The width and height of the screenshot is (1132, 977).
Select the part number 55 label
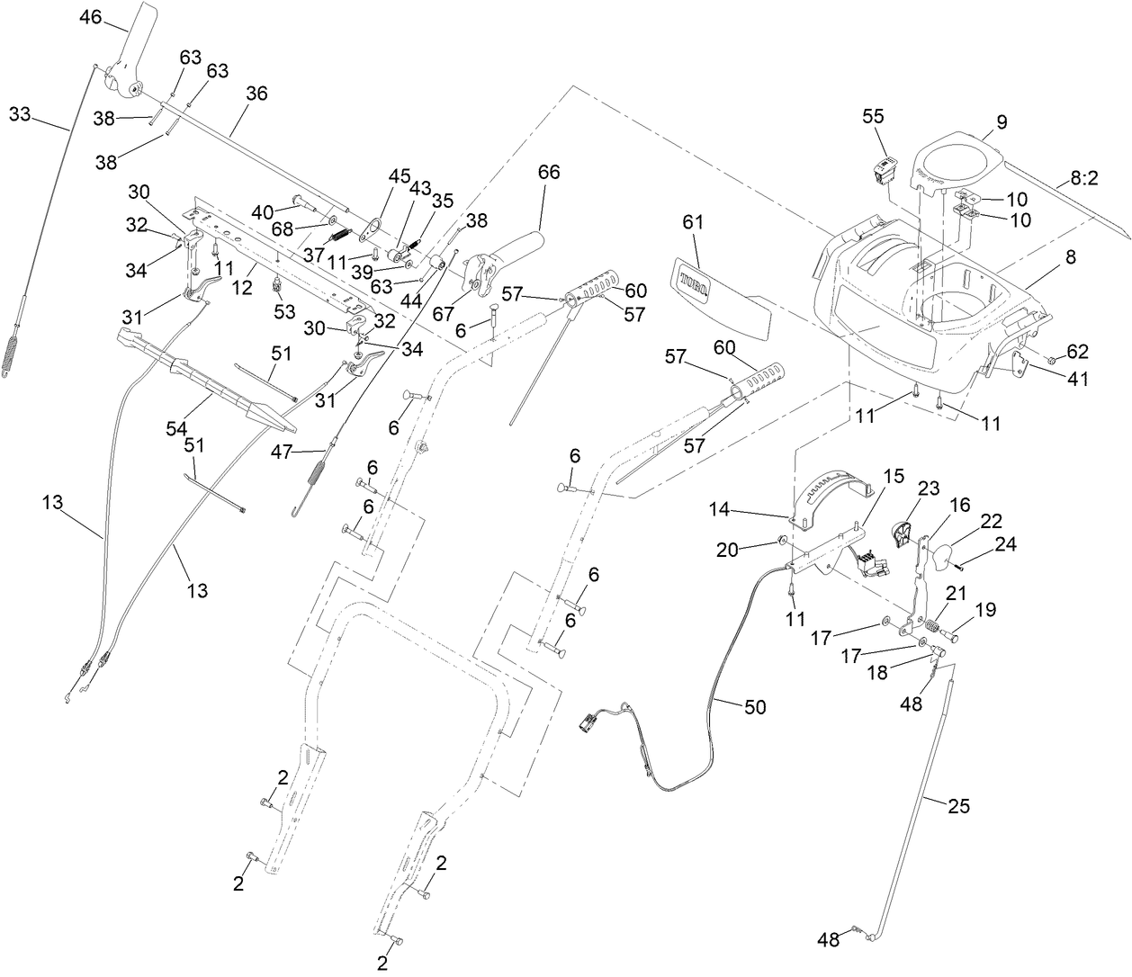[x=874, y=116]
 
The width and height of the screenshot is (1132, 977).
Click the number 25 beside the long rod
[x=959, y=805]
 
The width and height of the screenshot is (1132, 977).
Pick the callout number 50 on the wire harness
[x=755, y=706]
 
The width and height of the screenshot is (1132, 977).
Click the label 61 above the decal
[x=693, y=221]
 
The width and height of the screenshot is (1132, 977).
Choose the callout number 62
[x=1077, y=351]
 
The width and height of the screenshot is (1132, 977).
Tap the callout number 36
[x=256, y=93]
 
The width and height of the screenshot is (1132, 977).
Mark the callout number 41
[x=1076, y=379]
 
